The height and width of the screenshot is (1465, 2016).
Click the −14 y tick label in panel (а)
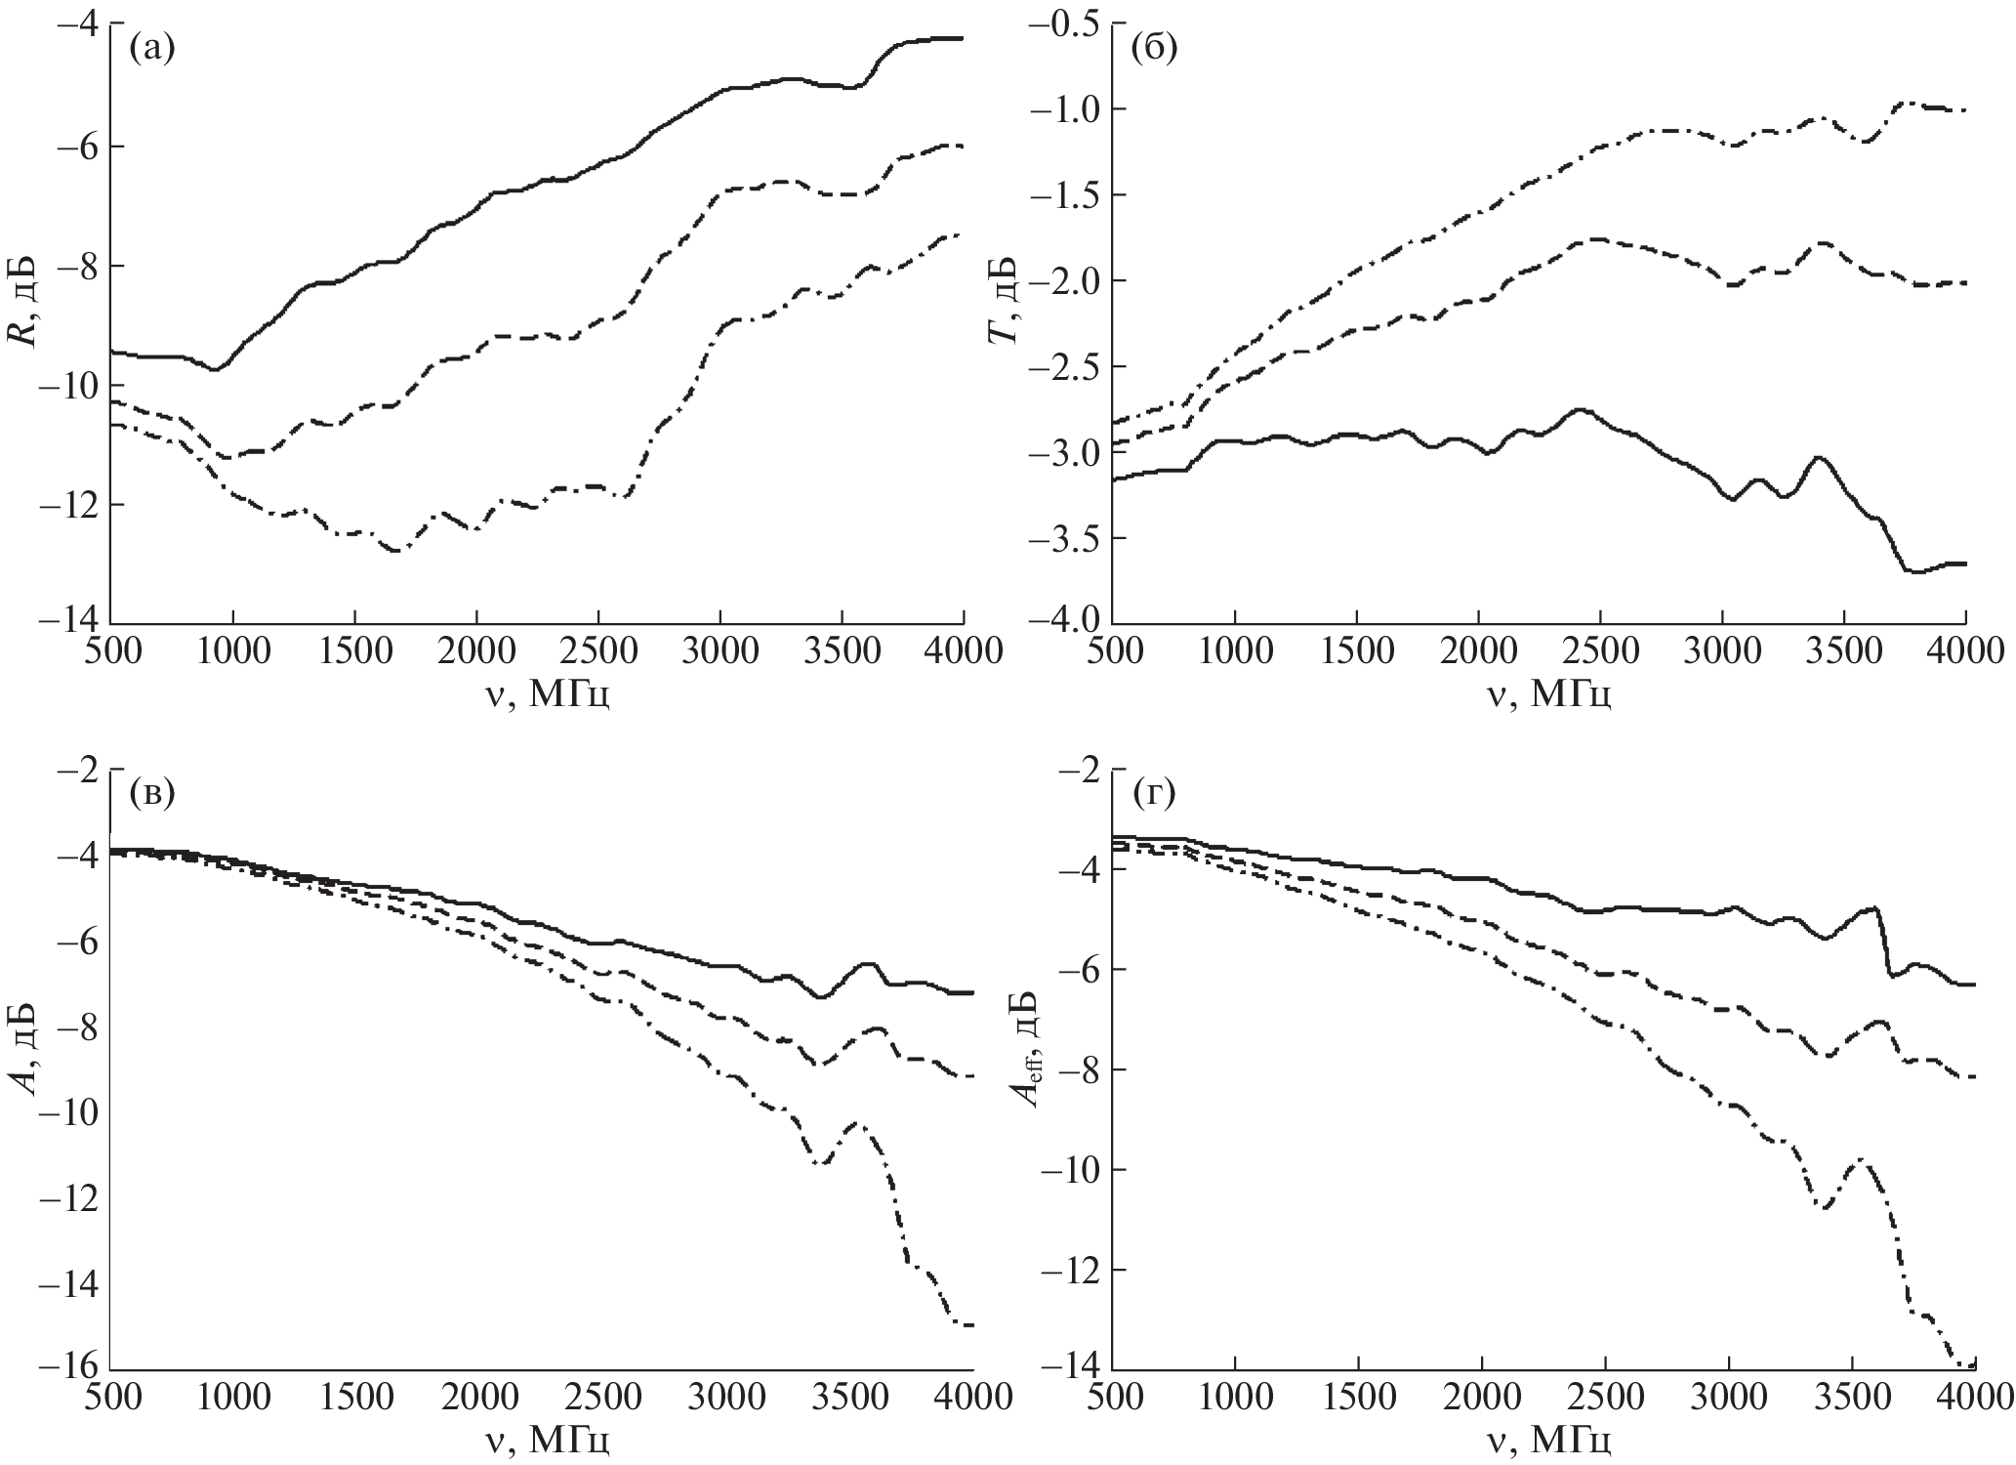tap(69, 622)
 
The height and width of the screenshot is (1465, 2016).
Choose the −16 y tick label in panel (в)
tap(69, 1368)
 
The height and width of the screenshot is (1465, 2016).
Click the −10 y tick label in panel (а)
tap(69, 385)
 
